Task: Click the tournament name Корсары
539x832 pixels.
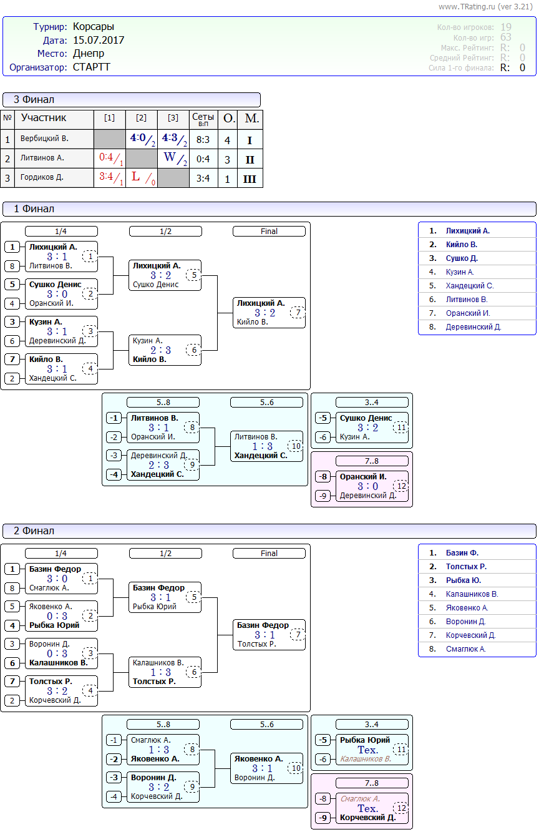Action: pos(94,27)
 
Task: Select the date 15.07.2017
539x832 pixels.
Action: pos(99,41)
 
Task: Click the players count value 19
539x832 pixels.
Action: pos(506,27)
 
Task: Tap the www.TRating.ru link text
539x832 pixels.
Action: pos(467,6)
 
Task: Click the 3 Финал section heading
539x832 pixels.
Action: pos(34,100)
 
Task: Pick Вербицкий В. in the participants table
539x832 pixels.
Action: pos(44,139)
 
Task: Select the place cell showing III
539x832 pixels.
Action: pos(250,179)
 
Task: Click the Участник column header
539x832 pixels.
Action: pos(44,118)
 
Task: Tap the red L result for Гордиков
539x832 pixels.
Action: pos(136,177)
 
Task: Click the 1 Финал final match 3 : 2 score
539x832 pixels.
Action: pos(265,313)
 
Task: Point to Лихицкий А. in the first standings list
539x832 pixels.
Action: pos(468,231)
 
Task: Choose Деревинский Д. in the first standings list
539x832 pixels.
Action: pos(473,327)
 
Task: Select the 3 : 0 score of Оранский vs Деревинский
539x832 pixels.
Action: pos(367,486)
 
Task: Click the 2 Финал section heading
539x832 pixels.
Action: pos(34,531)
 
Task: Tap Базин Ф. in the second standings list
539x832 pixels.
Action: pos(462,553)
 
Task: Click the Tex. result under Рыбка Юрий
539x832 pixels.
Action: pos(367,750)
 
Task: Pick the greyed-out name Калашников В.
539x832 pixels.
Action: pos(366,759)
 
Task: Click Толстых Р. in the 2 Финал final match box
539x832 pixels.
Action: pos(256,644)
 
